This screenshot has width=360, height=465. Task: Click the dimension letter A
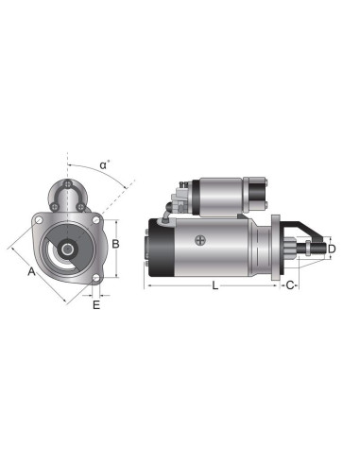31,272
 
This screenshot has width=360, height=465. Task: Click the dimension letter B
114,244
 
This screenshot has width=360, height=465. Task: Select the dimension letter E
95,304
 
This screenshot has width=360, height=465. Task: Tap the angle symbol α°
105,164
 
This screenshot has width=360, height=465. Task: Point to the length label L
214,284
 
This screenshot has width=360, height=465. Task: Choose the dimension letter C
291,284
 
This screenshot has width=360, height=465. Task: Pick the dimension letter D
331,249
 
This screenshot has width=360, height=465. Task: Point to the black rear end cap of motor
158,249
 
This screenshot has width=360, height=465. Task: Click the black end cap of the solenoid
256,194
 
